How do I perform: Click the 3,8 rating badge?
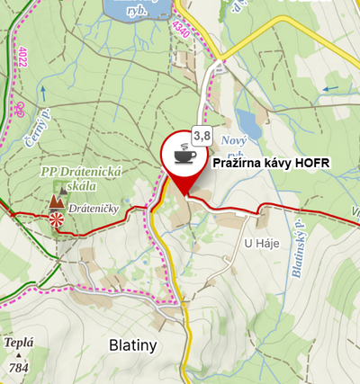point(201,136)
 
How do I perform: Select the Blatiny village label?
point(132,344)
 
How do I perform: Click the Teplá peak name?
point(19,343)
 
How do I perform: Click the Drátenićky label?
point(94,209)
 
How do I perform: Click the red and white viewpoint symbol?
point(56,219)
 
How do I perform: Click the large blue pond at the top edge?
point(135,9)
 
